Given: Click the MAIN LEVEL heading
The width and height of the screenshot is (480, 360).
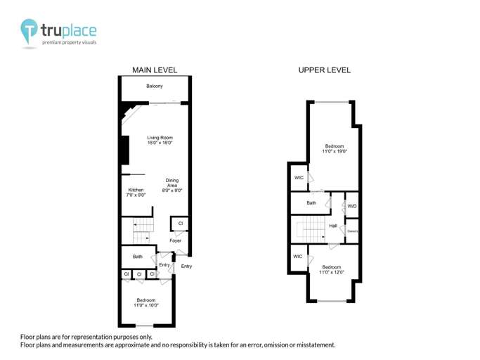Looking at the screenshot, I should [x=155, y=70].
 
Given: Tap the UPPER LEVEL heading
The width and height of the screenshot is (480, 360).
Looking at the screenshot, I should [x=325, y=70].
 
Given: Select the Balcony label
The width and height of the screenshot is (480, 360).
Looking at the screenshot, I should [x=155, y=86].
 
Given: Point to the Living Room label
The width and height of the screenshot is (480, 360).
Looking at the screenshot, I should [x=160, y=137].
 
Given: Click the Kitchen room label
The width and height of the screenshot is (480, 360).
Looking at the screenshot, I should [x=136, y=190].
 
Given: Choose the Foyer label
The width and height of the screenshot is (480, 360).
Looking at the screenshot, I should [x=175, y=241].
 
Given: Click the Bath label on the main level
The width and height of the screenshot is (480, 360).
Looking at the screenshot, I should [x=138, y=257].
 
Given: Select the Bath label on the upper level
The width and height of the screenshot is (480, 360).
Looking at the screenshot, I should [x=311, y=203].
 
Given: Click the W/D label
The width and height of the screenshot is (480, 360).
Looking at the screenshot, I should [x=352, y=206].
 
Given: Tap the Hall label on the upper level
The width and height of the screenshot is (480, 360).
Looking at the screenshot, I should [x=333, y=226].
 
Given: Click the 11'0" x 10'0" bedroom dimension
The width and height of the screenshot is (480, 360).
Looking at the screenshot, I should [x=146, y=305].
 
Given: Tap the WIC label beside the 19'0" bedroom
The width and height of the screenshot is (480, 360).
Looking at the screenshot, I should [x=298, y=177].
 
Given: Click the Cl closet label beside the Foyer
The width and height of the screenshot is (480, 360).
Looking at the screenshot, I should [x=180, y=224].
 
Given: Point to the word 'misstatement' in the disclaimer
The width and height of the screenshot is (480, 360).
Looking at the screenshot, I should [x=313, y=345].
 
